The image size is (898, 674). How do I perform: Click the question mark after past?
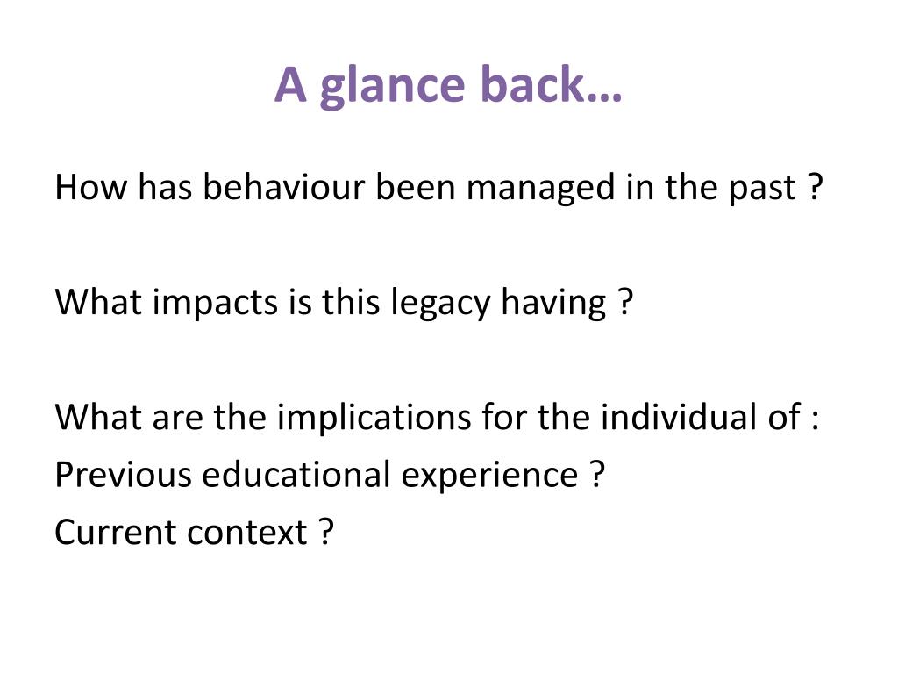pos(816,188)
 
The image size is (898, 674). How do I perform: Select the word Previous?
pos(123,475)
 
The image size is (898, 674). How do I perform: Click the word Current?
pos(114,532)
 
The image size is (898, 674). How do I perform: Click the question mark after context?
pos(326,532)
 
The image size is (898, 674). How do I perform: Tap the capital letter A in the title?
pos(289,84)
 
